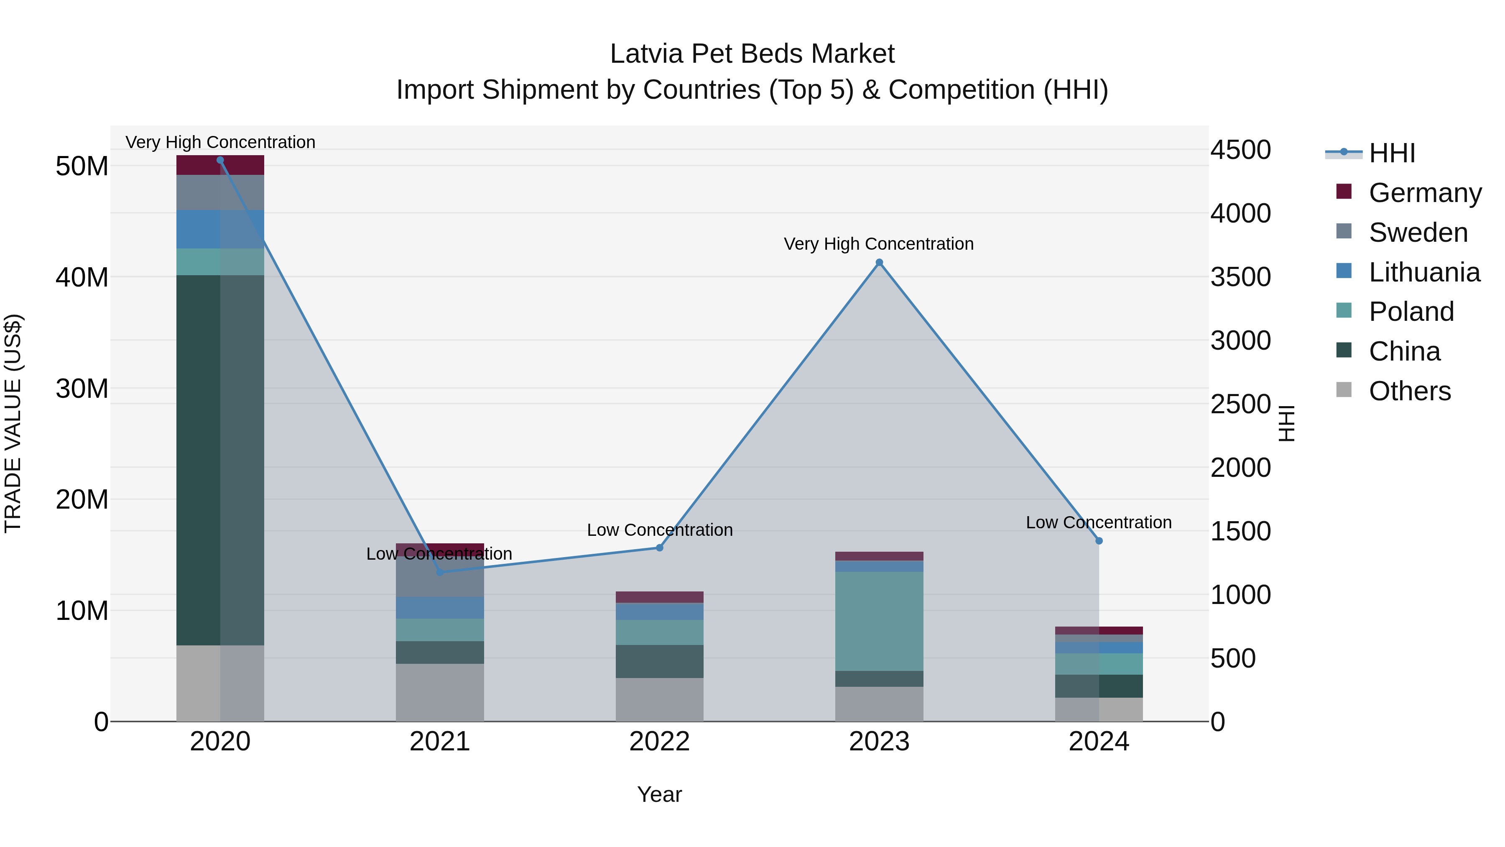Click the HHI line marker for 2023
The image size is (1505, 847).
pyautogui.click(x=879, y=262)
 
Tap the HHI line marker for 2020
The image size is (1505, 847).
pyautogui.click(x=220, y=160)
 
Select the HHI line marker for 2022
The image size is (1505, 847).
pyautogui.click(x=660, y=548)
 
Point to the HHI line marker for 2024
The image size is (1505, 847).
pyautogui.click(x=1099, y=541)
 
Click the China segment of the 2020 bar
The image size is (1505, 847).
pyautogui.click(x=220, y=460)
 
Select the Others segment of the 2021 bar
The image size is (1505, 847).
pyautogui.click(x=440, y=692)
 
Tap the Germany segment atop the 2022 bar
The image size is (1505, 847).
pyautogui.click(x=660, y=597)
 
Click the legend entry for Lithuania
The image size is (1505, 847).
pyautogui.click(x=1424, y=272)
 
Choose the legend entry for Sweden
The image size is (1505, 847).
pyautogui.click(x=1418, y=233)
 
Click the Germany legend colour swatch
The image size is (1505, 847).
pyautogui.click(x=1344, y=192)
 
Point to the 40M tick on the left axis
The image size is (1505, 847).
pyautogui.click(x=82, y=277)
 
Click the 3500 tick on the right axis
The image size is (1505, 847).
pyautogui.click(x=1240, y=277)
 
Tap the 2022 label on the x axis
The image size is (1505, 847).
pyautogui.click(x=660, y=742)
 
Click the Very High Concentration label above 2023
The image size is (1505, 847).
pyautogui.click(x=879, y=244)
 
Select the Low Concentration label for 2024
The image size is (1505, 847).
pyautogui.click(x=1098, y=522)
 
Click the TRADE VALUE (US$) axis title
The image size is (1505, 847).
pyautogui.click(x=13, y=423)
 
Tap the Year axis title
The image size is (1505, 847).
pyautogui.click(x=660, y=794)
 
